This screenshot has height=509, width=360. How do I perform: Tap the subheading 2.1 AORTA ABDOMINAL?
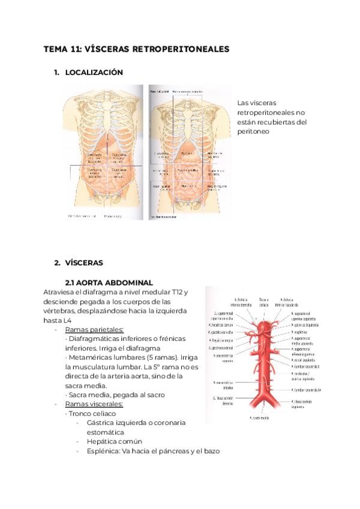click(x=109, y=282)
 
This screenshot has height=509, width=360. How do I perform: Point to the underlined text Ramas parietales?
click(x=94, y=329)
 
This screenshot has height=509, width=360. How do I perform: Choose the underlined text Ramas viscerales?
click(x=94, y=405)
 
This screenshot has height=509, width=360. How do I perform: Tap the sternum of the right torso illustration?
click(x=190, y=120)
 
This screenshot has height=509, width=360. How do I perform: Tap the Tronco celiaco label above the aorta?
click(x=263, y=302)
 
